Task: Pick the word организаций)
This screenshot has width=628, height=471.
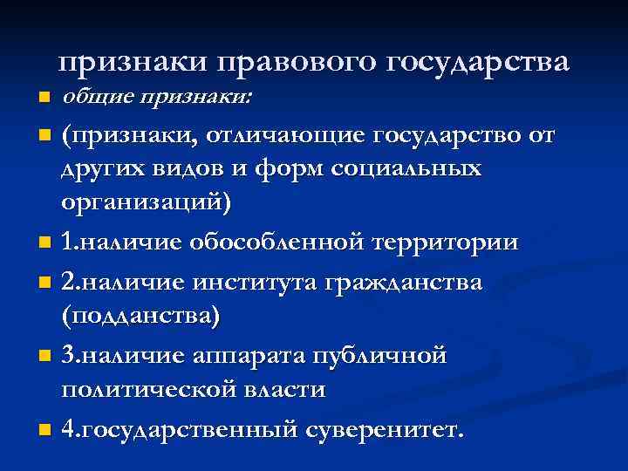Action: click(x=147, y=203)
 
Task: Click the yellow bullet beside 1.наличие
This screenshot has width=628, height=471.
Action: click(x=46, y=244)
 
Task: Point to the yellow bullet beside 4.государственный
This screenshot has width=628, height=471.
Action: click(x=46, y=430)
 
